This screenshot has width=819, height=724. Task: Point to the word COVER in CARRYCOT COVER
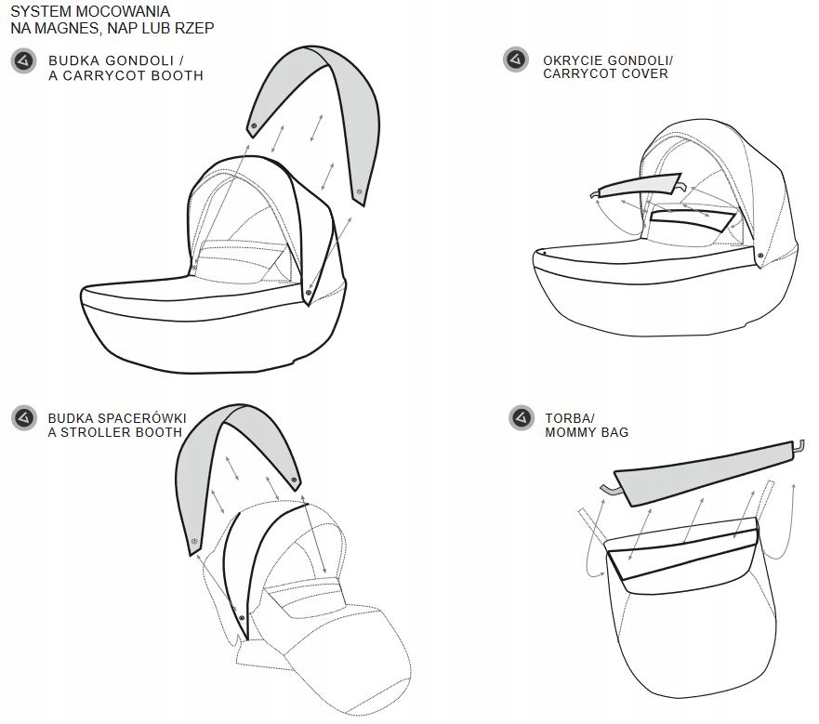pyautogui.click(x=644, y=73)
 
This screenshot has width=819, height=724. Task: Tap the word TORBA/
pyautogui.click(x=566, y=418)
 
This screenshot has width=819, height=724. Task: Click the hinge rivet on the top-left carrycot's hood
pyautogui.click(x=308, y=293)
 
